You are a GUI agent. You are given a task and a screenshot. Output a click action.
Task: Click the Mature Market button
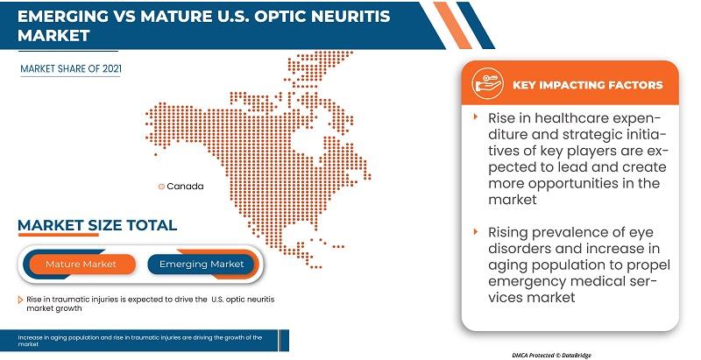tap(81, 265)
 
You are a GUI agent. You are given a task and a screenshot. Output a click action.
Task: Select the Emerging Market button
tap(202, 265)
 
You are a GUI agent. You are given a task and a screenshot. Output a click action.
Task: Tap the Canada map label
tap(185, 187)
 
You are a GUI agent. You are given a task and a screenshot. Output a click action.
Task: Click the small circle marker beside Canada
tap(161, 187)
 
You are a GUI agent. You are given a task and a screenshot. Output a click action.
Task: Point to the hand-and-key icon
tap(487, 84)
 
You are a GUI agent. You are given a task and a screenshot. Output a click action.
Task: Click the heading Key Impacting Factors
tap(587, 85)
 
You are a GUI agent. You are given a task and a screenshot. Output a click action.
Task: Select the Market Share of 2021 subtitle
tap(71, 69)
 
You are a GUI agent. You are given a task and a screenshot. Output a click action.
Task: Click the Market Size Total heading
tap(97, 224)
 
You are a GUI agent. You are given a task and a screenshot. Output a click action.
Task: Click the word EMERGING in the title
tap(62, 16)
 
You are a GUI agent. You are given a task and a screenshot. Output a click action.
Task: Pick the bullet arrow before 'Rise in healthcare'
tap(476, 117)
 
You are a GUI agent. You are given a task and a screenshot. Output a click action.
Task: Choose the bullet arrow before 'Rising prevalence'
tap(476, 231)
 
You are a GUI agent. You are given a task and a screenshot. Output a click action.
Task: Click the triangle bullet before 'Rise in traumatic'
tap(20, 300)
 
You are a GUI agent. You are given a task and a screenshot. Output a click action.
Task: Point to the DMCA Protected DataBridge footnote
tap(552, 356)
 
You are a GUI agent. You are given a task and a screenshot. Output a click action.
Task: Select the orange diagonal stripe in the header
tap(452, 25)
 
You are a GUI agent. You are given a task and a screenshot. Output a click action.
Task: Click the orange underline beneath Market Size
tap(58, 234)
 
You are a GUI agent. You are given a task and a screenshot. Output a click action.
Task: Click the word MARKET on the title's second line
tap(53, 36)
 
